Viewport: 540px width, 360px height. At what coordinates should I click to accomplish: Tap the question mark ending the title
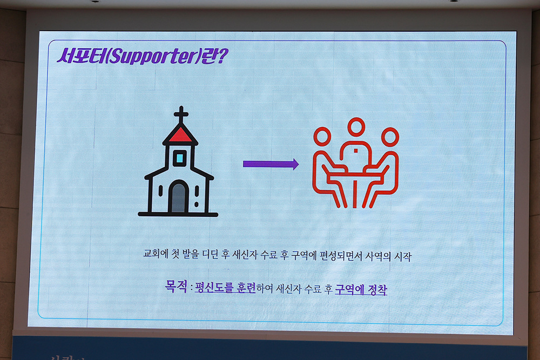pos(222,56)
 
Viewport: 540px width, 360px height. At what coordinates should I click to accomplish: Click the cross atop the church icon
pos(181,114)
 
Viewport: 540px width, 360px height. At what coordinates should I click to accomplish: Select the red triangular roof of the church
pos(180,134)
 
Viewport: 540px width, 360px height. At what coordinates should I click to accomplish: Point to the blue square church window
pos(179,158)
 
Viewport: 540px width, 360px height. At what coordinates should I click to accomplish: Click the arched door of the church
pos(178,198)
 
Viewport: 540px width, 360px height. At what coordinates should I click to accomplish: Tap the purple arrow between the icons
pos(271,164)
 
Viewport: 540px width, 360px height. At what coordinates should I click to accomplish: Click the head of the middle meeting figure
pos(356,126)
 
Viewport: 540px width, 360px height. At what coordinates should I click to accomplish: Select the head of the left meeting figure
pos(322,136)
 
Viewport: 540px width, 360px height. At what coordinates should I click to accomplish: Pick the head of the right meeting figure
pos(390,137)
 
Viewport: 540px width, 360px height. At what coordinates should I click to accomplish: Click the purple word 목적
pos(177,286)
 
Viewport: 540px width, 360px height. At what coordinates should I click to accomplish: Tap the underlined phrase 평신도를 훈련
pos(225,287)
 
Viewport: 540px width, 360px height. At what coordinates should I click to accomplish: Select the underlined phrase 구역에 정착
pos(361,289)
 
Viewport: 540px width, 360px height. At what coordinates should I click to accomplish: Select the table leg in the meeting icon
pos(354,193)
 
